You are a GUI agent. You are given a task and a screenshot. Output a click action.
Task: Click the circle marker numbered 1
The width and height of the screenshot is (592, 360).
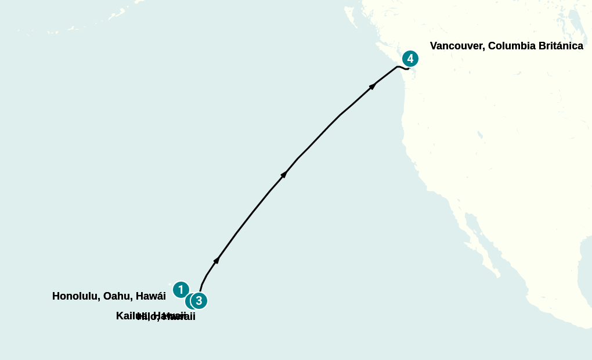181,289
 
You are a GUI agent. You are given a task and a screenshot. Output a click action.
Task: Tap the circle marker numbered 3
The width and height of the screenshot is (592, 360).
199,301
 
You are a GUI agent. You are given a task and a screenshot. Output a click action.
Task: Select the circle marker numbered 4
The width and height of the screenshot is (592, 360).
410,59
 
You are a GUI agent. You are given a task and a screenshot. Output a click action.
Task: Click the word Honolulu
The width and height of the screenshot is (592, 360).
75,296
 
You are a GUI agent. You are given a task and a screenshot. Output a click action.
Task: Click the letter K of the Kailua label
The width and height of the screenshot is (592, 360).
120,316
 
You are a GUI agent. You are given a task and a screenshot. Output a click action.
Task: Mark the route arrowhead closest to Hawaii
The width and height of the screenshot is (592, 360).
216,260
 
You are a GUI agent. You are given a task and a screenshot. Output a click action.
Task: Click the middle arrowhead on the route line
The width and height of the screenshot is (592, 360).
284,174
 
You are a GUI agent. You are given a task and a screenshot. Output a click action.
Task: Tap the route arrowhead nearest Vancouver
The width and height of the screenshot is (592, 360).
373,86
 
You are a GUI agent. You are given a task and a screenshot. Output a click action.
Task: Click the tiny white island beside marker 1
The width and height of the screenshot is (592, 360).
171,285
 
